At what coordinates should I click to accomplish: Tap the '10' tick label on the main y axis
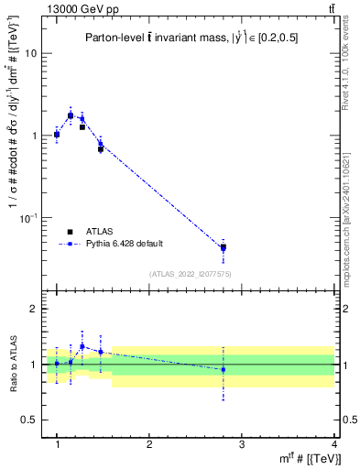[30, 53]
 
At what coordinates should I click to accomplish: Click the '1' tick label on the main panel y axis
[33, 136]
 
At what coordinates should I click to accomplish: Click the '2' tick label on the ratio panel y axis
[33, 309]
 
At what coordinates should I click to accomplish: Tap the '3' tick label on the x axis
[241, 445]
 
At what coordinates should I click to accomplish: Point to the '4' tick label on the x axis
[333, 445]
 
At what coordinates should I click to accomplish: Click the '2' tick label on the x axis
[149, 445]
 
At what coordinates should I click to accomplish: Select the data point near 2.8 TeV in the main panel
[223, 247]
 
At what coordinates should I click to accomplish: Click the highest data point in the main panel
[71, 115]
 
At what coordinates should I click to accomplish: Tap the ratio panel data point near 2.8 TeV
[223, 369]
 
